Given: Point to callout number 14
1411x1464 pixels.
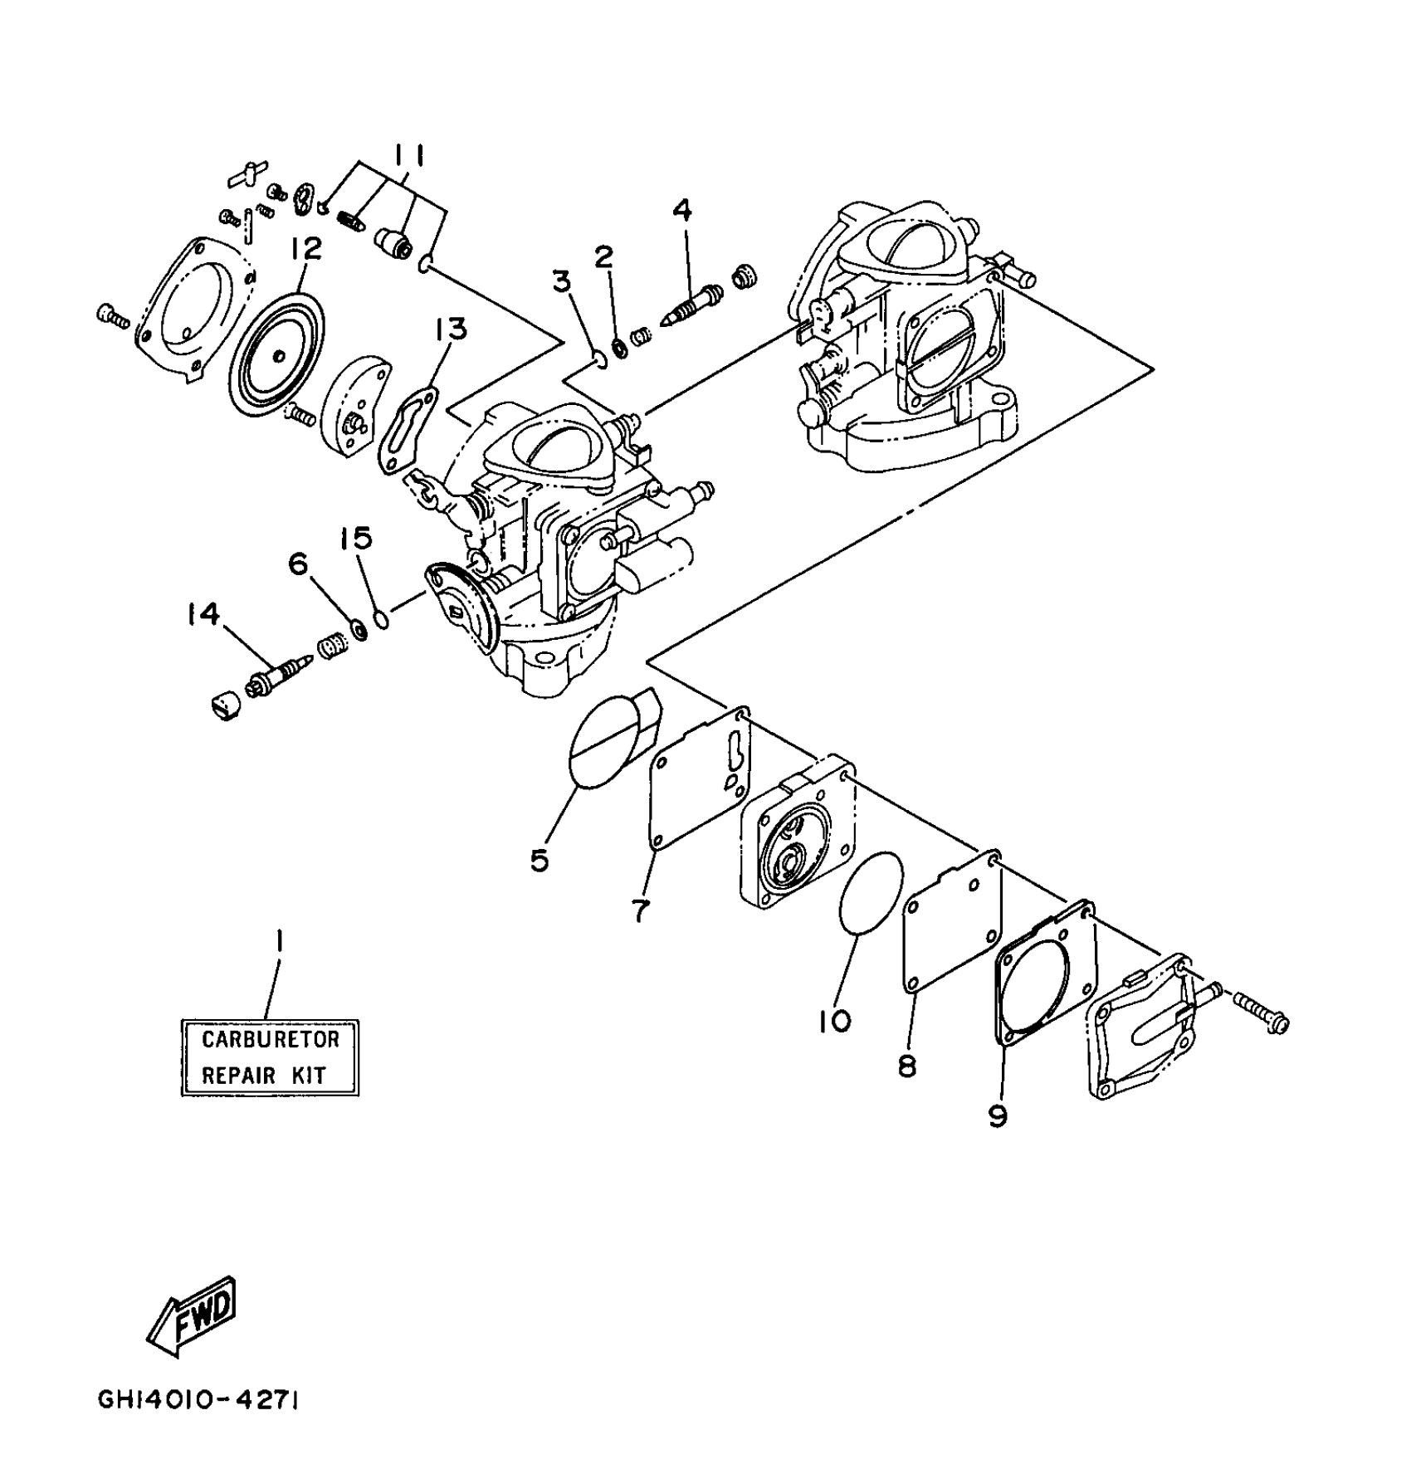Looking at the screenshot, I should tap(203, 614).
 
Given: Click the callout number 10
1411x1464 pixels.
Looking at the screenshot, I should tap(835, 1021).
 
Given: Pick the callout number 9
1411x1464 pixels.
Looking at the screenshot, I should tap(998, 1116).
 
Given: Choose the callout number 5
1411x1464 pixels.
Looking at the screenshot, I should tap(539, 861).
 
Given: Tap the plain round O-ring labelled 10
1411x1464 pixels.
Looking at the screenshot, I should tap(870, 893).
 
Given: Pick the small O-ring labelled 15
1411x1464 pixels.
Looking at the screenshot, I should tap(381, 619).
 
